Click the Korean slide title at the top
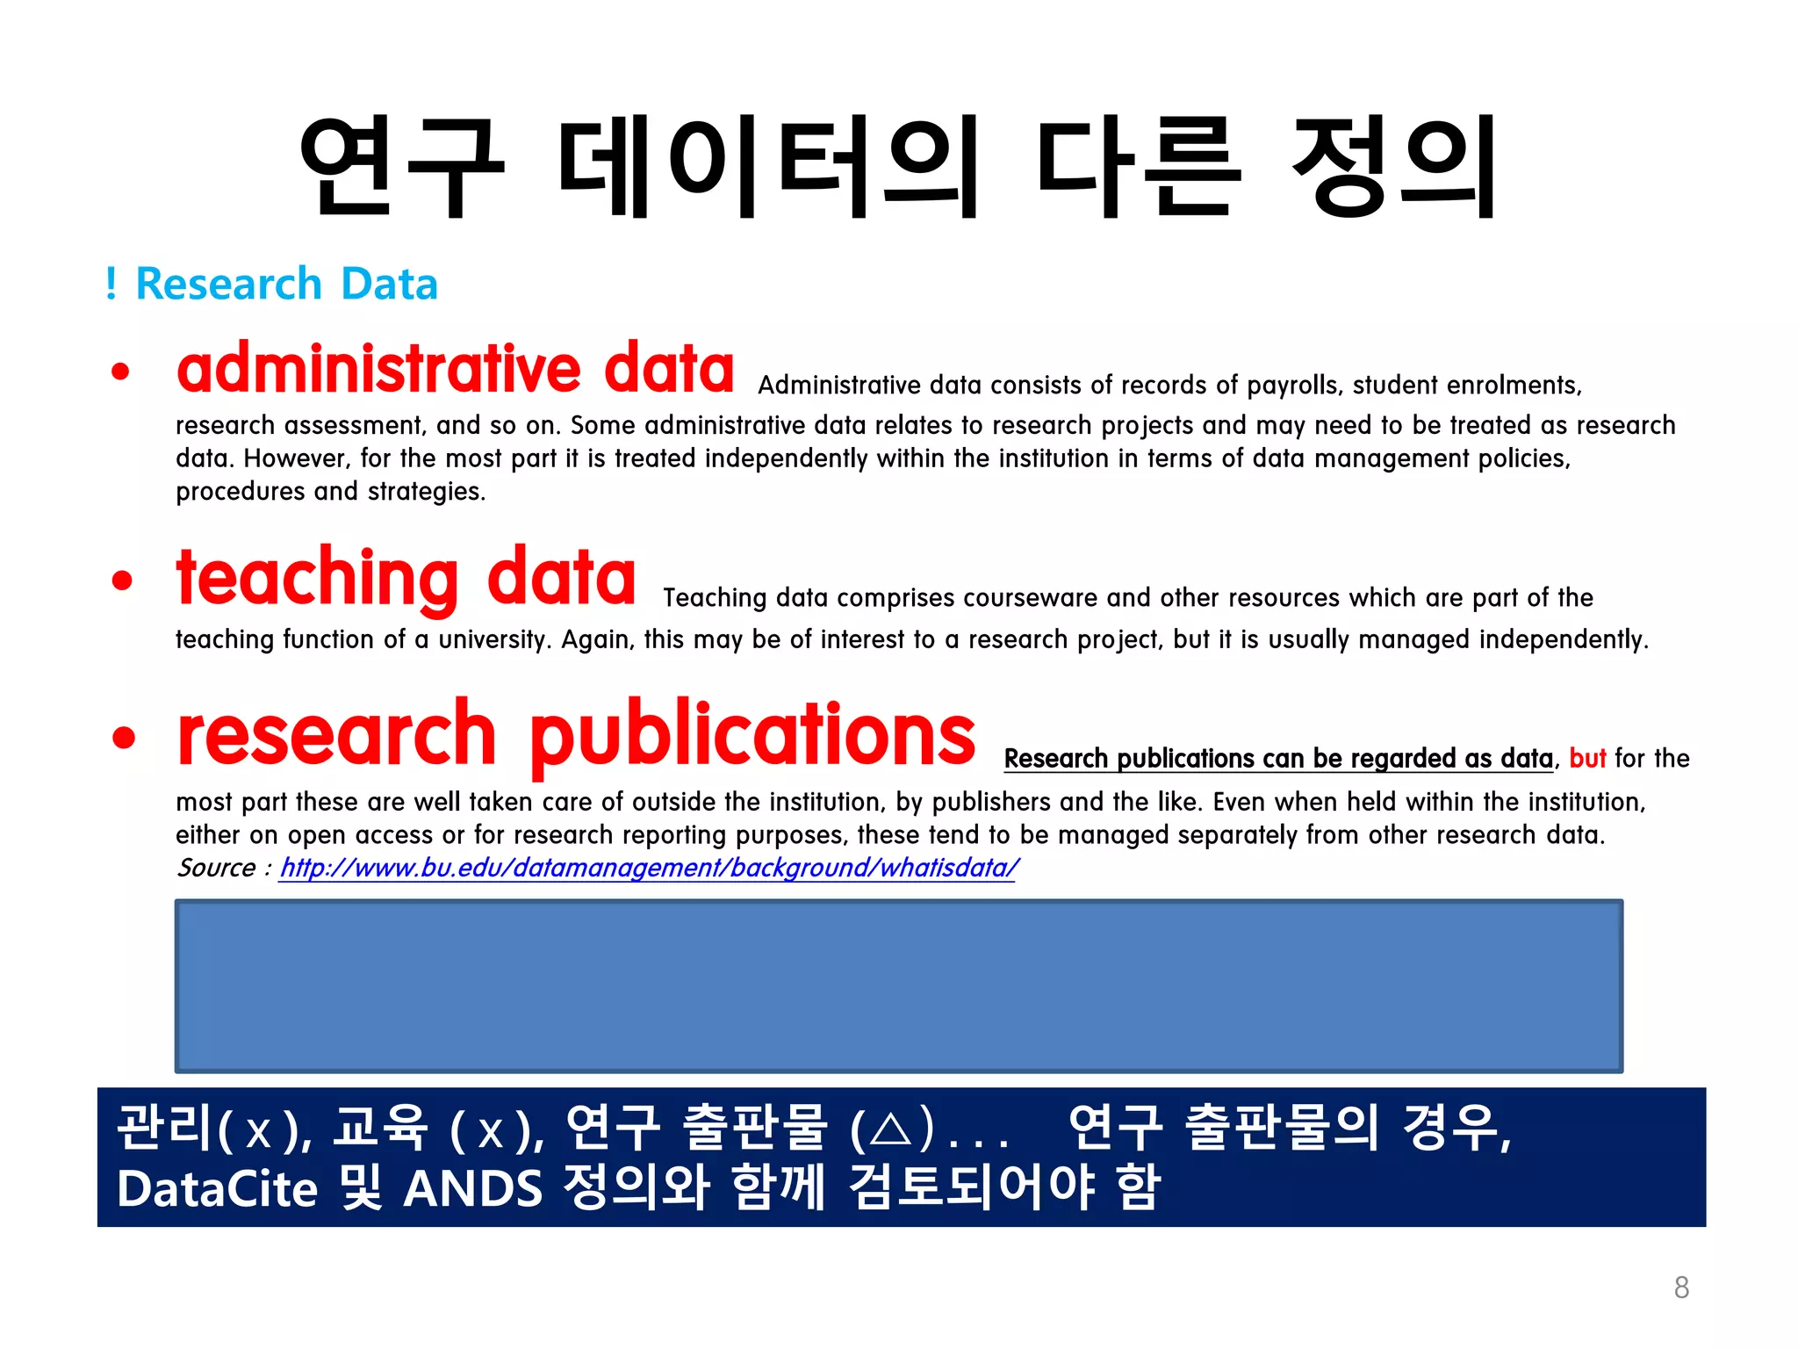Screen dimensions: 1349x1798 pos(898,167)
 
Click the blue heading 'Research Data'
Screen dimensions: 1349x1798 pos(286,285)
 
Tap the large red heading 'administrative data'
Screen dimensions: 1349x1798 pos(455,369)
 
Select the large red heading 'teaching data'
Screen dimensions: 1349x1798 pos(406,578)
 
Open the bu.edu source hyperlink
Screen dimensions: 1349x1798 pos(648,868)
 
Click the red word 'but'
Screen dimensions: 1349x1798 pos(1587,758)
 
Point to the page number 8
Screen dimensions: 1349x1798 pos(1681,1288)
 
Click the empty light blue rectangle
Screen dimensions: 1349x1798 pos(898,985)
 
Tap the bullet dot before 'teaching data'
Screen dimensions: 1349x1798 pos(123,580)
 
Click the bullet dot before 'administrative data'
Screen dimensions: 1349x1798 pos(121,371)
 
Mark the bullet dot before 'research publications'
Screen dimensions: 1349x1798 pos(124,737)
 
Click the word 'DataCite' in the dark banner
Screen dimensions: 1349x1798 pos(217,1189)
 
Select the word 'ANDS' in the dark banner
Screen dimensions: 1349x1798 pos(473,1189)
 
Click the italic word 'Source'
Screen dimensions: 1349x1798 pos(216,868)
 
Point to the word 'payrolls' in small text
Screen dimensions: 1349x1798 pos(1293,386)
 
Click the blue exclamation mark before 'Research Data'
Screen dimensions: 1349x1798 pos(111,285)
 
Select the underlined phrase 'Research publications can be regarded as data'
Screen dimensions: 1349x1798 pos(1278,758)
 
